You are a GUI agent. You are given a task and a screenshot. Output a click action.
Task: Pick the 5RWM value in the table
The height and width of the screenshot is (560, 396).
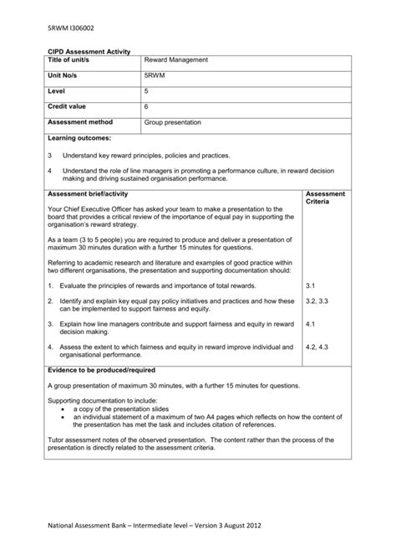point(155,75)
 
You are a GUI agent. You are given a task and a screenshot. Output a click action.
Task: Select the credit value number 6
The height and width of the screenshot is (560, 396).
point(146,106)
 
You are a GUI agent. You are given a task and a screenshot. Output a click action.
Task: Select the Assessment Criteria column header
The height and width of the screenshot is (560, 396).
point(325,198)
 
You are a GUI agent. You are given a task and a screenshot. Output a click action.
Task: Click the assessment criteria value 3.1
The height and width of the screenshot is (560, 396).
point(311,285)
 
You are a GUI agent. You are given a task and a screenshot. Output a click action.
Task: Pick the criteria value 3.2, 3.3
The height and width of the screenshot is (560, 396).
point(317,301)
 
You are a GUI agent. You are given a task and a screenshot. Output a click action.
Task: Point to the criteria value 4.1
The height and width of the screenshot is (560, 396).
point(311,323)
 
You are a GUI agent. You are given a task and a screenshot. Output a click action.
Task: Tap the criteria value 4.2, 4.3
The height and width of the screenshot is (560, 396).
point(317,346)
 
